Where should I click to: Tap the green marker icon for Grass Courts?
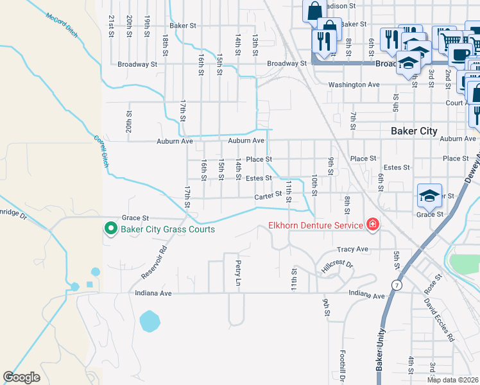pyautogui.click(x=110, y=228)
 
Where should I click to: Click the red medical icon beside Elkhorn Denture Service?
pyautogui.click(x=372, y=224)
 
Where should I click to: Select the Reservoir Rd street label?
pyautogui.click(x=154, y=262)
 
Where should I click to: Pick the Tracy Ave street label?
pyautogui.click(x=352, y=249)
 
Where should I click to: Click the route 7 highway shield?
pyautogui.click(x=397, y=284)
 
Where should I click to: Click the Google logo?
pyautogui.click(x=21, y=377)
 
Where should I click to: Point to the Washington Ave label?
pyautogui.click(x=354, y=85)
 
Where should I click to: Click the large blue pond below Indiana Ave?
pyautogui.click(x=150, y=320)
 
